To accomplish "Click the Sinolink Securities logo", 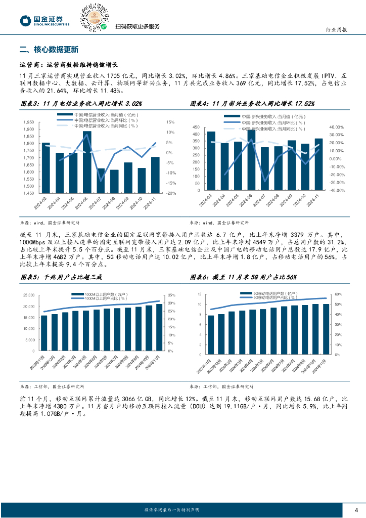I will coord(44,20).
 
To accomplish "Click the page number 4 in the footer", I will coord(356,509).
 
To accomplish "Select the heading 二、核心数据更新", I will coord(48,50).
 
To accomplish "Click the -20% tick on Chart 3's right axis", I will coord(171,193).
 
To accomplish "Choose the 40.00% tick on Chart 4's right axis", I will coord(337,127).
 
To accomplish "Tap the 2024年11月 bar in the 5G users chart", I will coord(326,327).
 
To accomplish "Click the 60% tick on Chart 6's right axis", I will coord(339,294).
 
